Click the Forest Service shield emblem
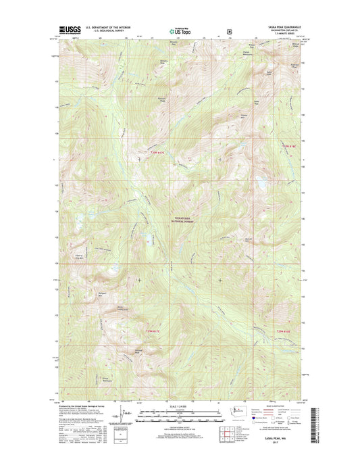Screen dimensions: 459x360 click(x=230, y=30)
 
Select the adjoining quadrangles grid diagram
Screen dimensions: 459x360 click(x=224, y=434)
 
